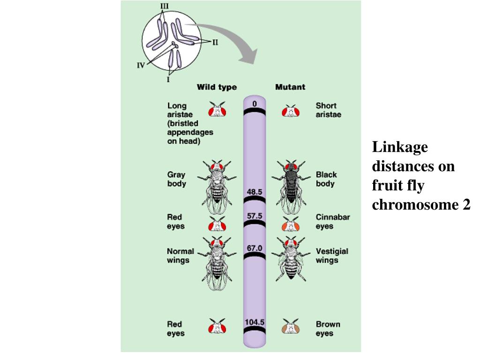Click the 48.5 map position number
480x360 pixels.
pyautogui.click(x=255, y=192)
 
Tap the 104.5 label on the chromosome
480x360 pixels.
pyautogui.click(x=255, y=322)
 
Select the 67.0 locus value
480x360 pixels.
pyautogui.click(x=255, y=248)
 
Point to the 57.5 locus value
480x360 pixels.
pyautogui.click(x=255, y=216)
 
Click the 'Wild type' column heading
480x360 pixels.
pyautogui.click(x=217, y=87)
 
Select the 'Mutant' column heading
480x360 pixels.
pyautogui.click(x=290, y=87)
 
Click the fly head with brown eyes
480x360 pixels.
pyautogui.click(x=291, y=327)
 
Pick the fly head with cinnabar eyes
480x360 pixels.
pyautogui.click(x=291, y=225)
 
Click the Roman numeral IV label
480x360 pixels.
pyautogui.click(x=141, y=66)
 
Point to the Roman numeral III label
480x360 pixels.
pyautogui.click(x=165, y=6)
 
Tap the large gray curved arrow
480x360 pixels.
pyautogui.click(x=230, y=40)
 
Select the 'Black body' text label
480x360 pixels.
pyautogui.click(x=326, y=179)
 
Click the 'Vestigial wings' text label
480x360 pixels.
pyautogui.click(x=332, y=255)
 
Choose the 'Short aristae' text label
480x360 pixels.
pyautogui.click(x=328, y=110)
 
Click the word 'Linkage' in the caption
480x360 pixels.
pyautogui.click(x=400, y=147)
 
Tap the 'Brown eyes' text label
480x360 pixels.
pyautogui.click(x=328, y=329)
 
